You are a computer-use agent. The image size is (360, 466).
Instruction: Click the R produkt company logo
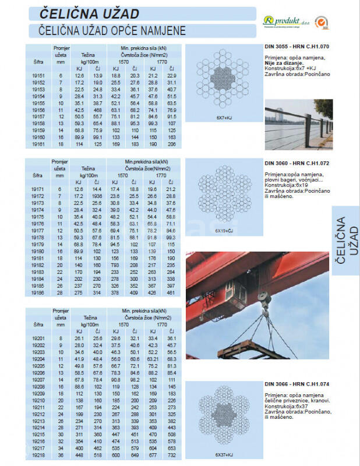click(285, 20)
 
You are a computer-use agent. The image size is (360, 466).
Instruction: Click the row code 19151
click(38, 76)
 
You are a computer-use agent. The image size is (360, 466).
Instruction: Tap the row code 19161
click(38, 143)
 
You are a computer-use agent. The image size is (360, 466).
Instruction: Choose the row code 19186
click(38, 294)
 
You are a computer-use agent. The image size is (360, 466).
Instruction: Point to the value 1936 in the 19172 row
click(97, 197)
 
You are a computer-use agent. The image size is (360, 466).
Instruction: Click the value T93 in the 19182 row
click(115, 265)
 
